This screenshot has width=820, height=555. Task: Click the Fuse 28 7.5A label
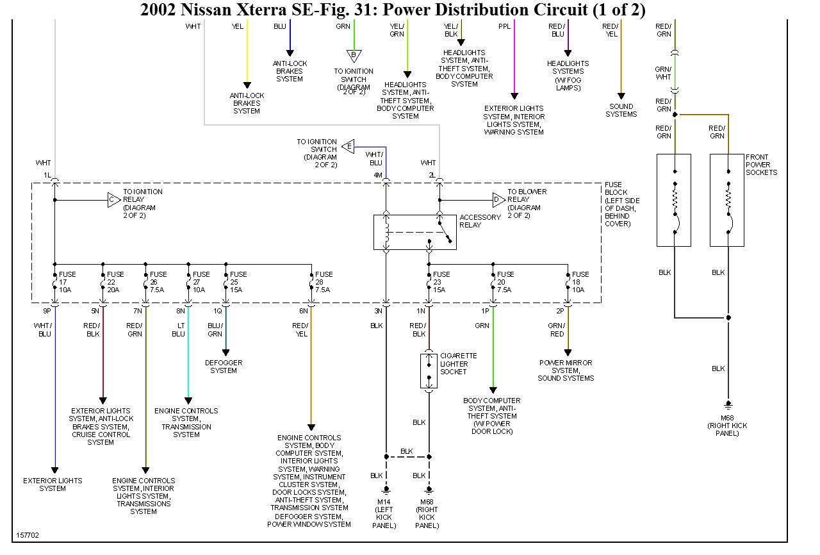(324, 282)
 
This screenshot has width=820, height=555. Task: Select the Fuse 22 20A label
(115, 282)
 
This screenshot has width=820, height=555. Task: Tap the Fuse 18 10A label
(580, 282)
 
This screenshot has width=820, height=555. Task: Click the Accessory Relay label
(480, 221)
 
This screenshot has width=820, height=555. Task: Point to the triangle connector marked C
(113, 200)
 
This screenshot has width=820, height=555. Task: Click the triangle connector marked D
(498, 200)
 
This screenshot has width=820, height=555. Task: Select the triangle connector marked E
(348, 146)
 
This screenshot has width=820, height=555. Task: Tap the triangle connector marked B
(353, 55)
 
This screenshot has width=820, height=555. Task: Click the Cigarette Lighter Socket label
(458, 364)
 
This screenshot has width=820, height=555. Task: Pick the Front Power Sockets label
(761, 165)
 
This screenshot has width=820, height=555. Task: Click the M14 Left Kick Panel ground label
(384, 513)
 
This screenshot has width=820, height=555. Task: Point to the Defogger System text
(224, 367)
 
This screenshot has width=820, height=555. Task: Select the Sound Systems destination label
(621, 110)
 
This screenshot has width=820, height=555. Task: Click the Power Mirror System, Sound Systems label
(566, 370)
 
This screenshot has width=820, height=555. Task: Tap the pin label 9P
(47, 311)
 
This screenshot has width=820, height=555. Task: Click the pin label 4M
(378, 174)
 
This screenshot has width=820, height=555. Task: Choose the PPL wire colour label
(504, 26)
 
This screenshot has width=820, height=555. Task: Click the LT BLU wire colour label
(178, 330)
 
